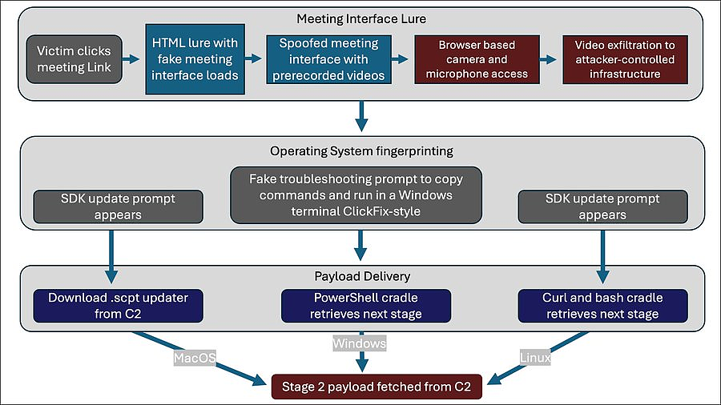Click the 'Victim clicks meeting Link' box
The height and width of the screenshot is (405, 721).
point(74,59)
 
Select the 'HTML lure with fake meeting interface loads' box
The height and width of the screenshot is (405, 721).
point(195,59)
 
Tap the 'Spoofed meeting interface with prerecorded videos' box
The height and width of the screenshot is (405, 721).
point(328,59)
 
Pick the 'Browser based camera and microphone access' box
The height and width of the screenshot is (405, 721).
point(477,59)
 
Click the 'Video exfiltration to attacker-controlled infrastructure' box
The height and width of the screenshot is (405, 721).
point(626,59)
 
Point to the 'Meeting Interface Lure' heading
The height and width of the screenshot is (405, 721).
point(361,19)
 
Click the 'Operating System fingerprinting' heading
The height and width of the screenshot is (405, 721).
point(361,151)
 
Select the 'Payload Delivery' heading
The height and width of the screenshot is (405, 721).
point(362,276)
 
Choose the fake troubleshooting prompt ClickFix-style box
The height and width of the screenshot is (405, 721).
point(356,195)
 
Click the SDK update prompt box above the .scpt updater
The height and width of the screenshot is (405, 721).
point(119,207)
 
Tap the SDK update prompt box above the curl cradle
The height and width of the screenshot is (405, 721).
point(602,207)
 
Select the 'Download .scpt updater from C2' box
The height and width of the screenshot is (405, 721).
point(119,306)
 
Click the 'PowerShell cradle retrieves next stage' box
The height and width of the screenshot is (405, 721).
point(366,306)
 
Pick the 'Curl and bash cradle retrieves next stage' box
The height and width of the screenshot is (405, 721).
point(602,306)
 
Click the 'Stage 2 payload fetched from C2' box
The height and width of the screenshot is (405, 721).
point(377,387)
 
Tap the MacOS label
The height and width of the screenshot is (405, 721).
point(195,358)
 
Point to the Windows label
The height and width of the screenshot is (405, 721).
point(360,343)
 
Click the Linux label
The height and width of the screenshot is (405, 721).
point(535,357)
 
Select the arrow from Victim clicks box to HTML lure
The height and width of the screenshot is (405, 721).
point(131,59)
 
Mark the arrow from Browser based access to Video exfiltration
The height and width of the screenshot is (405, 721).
point(548,59)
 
